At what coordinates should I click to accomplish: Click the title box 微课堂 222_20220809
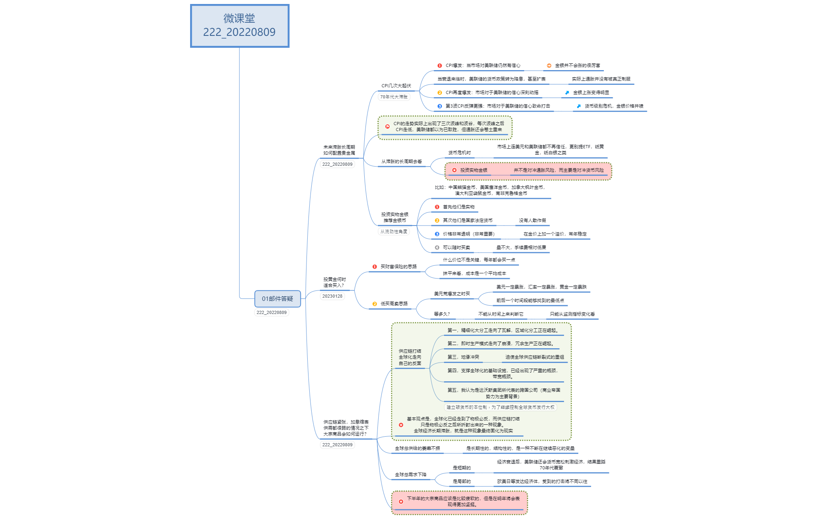[x=240, y=26]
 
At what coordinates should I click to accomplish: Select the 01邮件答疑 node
[x=277, y=299]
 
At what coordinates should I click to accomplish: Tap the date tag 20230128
[x=332, y=296]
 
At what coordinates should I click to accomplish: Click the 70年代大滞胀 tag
[x=394, y=97]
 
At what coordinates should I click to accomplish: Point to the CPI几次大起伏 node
[x=396, y=86]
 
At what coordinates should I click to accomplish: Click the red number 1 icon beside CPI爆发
[x=440, y=66]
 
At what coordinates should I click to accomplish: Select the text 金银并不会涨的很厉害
[x=578, y=66]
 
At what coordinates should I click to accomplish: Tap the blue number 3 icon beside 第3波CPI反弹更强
[x=440, y=106]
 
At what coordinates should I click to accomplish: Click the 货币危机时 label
[x=460, y=153]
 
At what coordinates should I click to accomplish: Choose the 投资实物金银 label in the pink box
[x=474, y=170]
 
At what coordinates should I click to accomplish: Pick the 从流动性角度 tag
[x=394, y=232]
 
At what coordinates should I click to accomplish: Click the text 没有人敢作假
[x=532, y=220]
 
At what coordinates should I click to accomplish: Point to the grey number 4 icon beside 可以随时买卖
[x=437, y=247]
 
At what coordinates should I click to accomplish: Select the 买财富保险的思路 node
[x=399, y=267]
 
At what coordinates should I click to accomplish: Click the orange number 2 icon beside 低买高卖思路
[x=375, y=304]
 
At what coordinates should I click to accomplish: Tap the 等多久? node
[x=442, y=314]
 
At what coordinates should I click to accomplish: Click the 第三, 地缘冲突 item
[x=463, y=357]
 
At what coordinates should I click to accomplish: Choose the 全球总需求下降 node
[x=411, y=475]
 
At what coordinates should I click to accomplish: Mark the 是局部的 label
[x=462, y=481]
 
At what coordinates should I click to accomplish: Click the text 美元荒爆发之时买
[x=452, y=294]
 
